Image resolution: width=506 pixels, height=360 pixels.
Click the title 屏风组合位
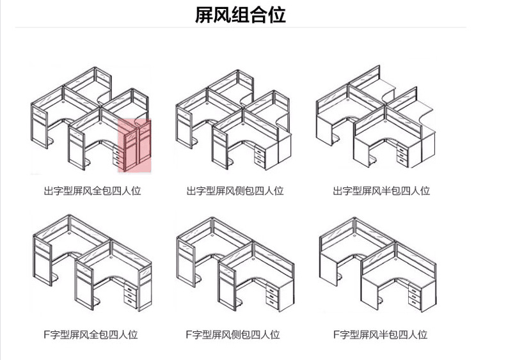pyautogui.click(x=240, y=15)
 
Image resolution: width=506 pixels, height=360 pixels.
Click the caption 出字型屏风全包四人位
pyautogui.click(x=92, y=191)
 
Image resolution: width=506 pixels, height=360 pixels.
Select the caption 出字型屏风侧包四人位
pyautogui.click(x=235, y=191)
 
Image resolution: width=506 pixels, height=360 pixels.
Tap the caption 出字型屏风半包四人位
pyautogui.click(x=381, y=191)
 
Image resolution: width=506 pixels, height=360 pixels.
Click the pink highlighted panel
pyautogui.click(x=134, y=146)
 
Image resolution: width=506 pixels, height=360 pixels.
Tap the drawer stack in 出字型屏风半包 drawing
pyautogui.click(x=399, y=154)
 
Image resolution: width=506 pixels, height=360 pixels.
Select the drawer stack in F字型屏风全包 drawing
pyautogui.click(x=130, y=295)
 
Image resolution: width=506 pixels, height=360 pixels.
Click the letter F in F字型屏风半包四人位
pyautogui.click(x=336, y=334)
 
